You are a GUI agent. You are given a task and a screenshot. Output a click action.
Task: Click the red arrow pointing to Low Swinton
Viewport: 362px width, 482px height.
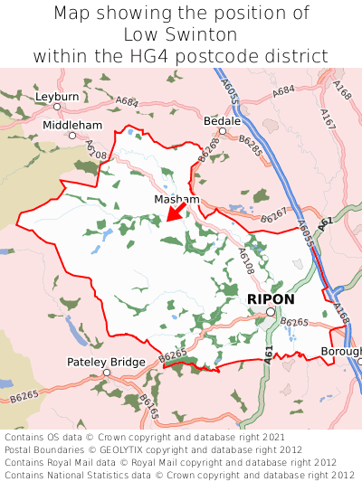(176, 212)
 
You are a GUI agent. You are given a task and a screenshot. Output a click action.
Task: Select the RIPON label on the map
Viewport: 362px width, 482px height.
(270, 298)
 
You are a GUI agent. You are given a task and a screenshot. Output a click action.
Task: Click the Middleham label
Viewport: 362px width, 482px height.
(72, 124)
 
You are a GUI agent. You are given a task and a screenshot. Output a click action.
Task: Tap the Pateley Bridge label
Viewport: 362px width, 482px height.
(106, 362)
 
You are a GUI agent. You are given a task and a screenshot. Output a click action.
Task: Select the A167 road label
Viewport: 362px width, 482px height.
(327, 118)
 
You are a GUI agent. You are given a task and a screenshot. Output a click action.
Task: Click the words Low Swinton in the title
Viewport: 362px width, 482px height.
(181, 34)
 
